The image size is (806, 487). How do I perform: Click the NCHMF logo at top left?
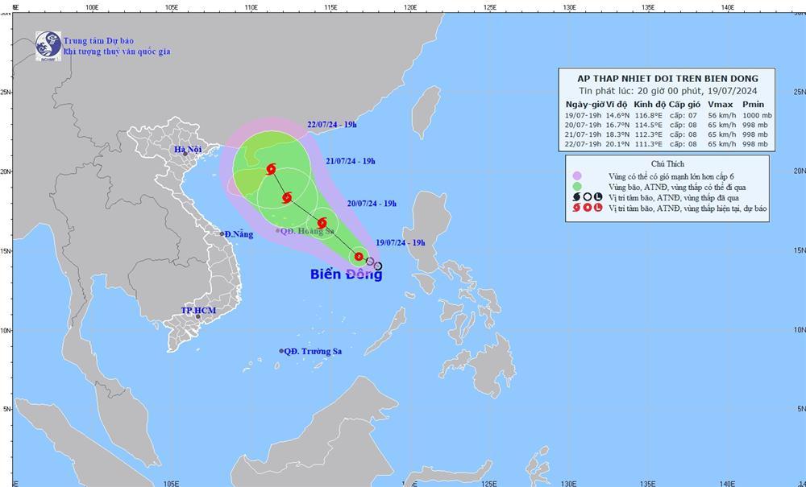click(48, 44)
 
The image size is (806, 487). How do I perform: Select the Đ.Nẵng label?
click(239, 234)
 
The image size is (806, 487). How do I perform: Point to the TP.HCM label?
click(197, 310)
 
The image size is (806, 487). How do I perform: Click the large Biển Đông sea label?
click(346, 274)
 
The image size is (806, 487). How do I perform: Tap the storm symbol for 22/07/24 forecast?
click(271, 169)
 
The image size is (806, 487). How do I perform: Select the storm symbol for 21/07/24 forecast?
click(287, 197)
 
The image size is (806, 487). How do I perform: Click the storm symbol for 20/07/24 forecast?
click(322, 223)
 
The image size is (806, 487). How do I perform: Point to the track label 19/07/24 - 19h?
click(401, 242)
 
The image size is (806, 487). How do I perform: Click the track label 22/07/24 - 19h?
click(331, 125)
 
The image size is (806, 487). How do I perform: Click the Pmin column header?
click(753, 105)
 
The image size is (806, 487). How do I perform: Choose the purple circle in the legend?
click(577, 175)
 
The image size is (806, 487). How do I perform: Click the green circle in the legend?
click(577, 186)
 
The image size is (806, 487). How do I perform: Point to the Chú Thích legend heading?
click(664, 162)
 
